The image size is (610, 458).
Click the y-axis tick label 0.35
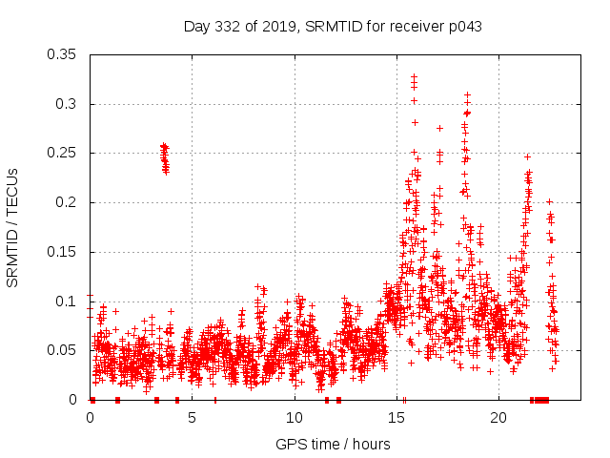pyautogui.click(x=63, y=54)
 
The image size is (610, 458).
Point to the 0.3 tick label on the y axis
pyautogui.click(x=67, y=104)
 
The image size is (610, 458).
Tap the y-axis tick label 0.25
pyautogui.click(x=63, y=153)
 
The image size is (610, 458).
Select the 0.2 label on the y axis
pyautogui.click(x=67, y=202)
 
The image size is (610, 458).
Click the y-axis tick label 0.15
pyautogui.click(x=63, y=252)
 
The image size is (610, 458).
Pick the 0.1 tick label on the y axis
pyautogui.click(x=67, y=302)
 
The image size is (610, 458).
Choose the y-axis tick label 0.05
pyautogui.click(x=63, y=350)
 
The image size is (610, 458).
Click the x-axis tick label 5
pyautogui.click(x=192, y=417)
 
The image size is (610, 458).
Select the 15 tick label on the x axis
pyautogui.click(x=396, y=417)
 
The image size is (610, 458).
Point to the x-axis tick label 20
pyautogui.click(x=498, y=417)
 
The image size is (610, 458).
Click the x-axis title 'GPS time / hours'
pyautogui.click(x=333, y=444)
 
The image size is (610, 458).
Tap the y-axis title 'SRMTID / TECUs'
pyautogui.click(x=12, y=227)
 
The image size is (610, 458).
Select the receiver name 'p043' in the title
pyautogui.click(x=462, y=27)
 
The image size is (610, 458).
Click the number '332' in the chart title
pyautogui.click(x=229, y=27)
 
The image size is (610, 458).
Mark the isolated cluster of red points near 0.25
pyautogui.click(x=165, y=158)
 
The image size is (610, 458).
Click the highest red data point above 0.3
pyautogui.click(x=414, y=76)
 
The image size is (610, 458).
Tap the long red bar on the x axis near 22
pyautogui.click(x=541, y=400)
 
